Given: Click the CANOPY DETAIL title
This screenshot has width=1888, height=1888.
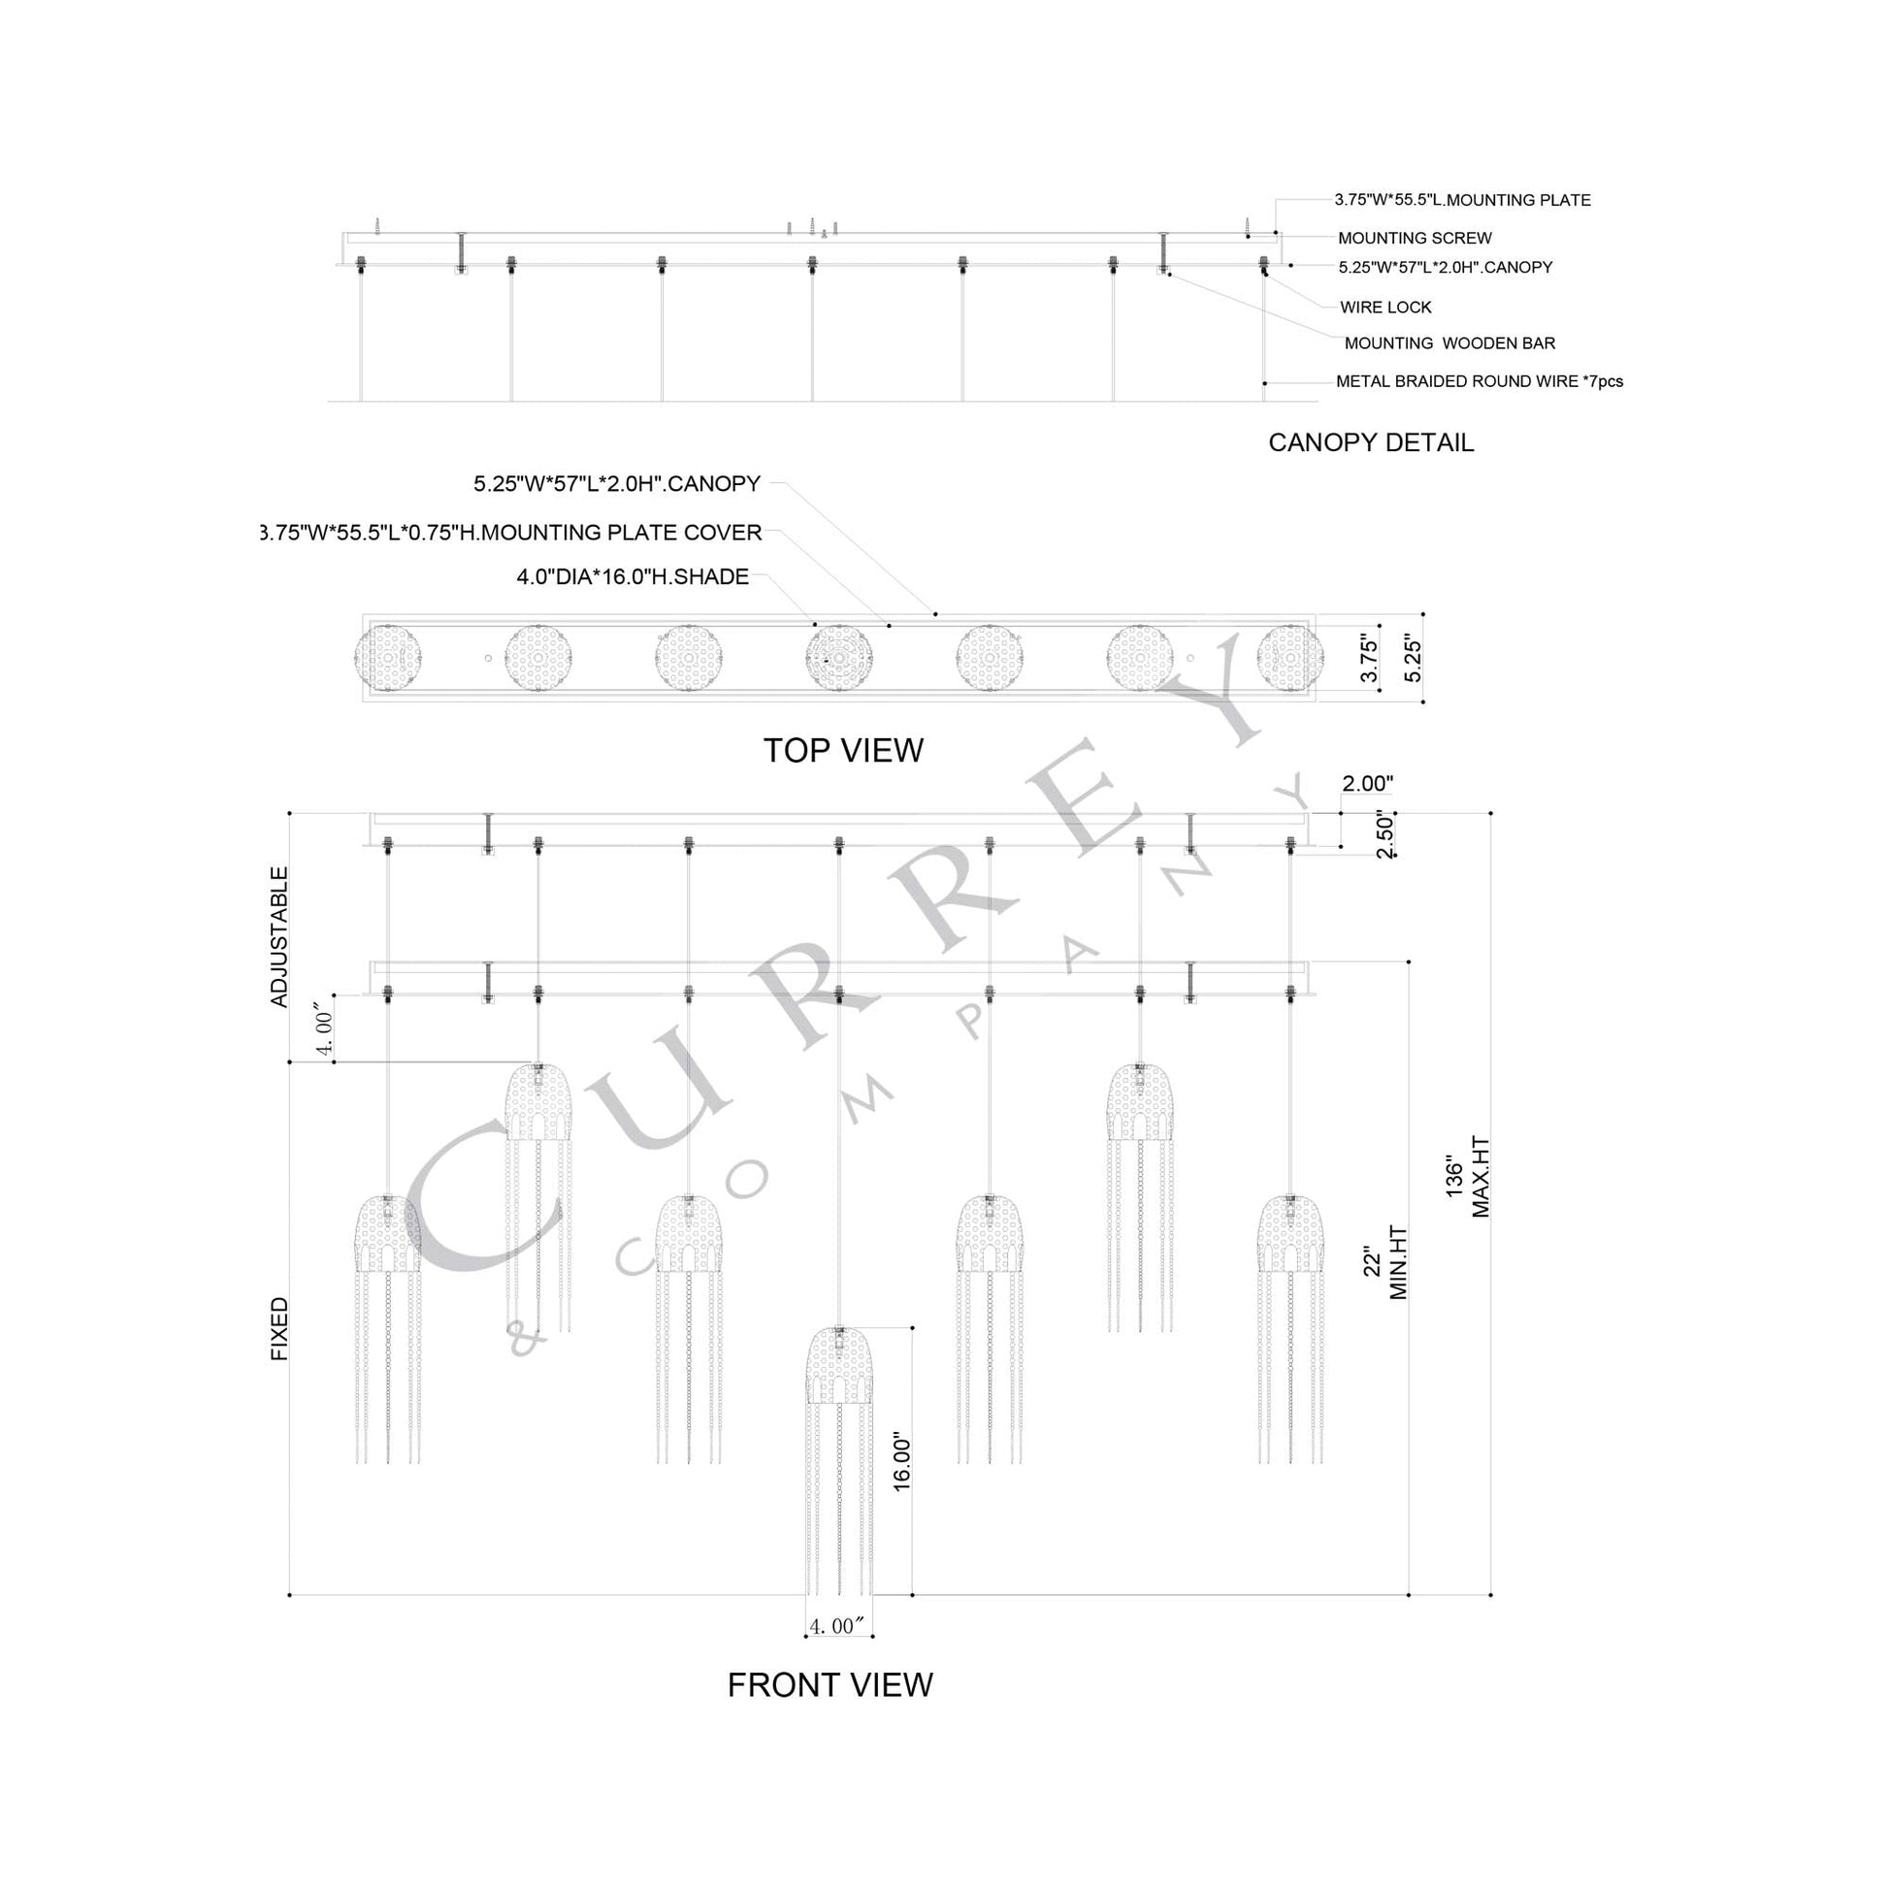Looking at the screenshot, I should point(1370,442).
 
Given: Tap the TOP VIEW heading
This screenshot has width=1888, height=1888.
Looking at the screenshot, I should point(842,751).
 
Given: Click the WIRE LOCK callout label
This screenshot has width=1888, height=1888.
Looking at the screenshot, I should point(1384,307).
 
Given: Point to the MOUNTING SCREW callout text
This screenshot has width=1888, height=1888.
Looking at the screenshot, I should point(1414,238).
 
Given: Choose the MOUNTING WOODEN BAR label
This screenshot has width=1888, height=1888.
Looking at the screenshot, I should point(1449,343).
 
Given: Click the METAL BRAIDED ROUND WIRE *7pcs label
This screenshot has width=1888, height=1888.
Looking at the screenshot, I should point(1479,381).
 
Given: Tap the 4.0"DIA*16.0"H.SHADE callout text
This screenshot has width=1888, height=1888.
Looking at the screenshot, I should point(633,576).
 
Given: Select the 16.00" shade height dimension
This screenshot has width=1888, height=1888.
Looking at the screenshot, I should point(902,1462).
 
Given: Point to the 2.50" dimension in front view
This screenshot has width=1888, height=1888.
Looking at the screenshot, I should point(1384,835).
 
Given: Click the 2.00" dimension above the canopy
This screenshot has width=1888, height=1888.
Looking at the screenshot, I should point(1367,783).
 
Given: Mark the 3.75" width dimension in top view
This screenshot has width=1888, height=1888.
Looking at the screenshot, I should point(1370,660).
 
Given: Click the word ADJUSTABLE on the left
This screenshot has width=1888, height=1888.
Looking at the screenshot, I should point(279,936).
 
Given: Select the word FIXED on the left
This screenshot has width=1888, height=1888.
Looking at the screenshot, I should point(279,1329).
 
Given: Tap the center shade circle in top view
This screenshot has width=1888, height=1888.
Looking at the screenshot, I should point(838,659).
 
